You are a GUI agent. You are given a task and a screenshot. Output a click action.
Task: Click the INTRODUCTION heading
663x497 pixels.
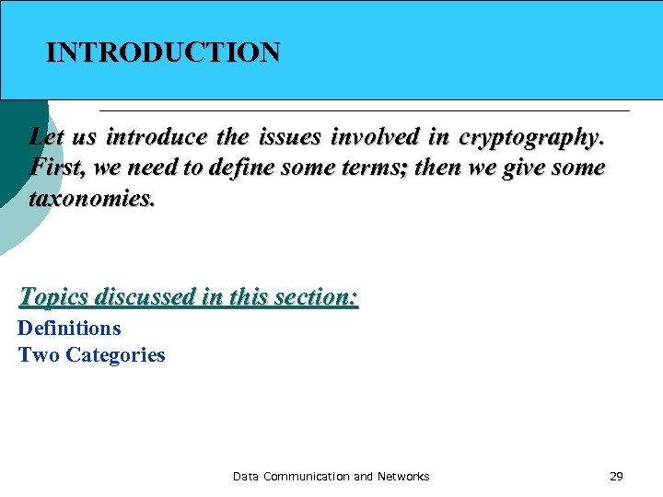(163, 52)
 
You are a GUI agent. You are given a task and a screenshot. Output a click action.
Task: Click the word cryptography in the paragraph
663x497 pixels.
(531, 138)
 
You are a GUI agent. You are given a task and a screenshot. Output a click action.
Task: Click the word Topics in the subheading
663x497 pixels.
(53, 297)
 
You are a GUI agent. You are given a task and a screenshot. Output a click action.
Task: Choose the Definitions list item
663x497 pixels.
(69, 329)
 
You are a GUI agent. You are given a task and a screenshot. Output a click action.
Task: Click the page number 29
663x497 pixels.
(616, 477)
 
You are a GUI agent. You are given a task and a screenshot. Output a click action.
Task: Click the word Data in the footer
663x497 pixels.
(246, 477)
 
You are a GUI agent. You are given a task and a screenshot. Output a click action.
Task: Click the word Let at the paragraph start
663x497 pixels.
(47, 138)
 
